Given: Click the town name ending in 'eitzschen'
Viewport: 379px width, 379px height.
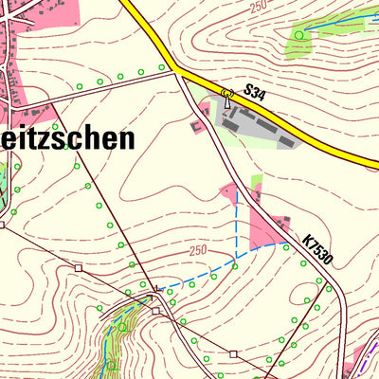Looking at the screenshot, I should pyautogui.click(x=66, y=139).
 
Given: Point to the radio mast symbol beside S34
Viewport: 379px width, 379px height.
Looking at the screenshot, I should pyautogui.click(x=226, y=93).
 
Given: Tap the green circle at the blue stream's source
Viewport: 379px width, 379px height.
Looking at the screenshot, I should pyautogui.click(x=299, y=35).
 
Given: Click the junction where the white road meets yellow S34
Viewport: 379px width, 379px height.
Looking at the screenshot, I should pyautogui.click(x=174, y=71).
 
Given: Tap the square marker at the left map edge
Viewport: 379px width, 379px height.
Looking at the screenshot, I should pyautogui.click(x=3, y=226).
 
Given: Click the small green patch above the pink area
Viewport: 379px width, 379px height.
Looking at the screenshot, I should pyautogui.click(x=256, y=181).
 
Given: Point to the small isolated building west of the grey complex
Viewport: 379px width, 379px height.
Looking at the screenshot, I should pyautogui.click(x=197, y=124).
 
